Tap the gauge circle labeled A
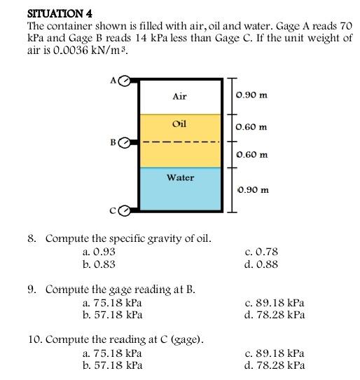pos(124,81)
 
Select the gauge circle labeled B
pos(124,143)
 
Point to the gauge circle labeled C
pos(124,210)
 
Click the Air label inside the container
pos(179,97)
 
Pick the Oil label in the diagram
pos(179,124)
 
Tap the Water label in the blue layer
pos(180,177)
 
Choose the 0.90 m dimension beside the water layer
pos(252,189)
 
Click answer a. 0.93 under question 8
pos(99,252)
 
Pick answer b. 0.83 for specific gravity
pos(99,264)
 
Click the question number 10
pos(34,340)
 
